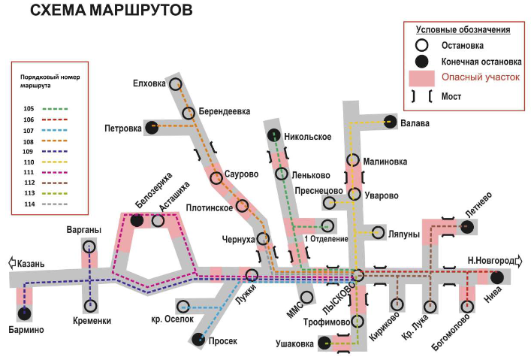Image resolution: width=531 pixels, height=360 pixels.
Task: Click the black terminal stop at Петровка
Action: tap(152, 128)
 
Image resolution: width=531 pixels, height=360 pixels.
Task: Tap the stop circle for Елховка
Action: tap(176, 84)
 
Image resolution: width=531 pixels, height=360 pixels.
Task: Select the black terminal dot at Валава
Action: tap(390, 122)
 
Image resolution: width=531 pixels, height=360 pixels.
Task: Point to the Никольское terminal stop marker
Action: tap(274, 135)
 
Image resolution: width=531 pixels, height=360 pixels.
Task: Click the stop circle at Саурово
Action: tap(216, 178)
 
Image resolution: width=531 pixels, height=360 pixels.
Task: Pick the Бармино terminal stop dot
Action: tap(24, 314)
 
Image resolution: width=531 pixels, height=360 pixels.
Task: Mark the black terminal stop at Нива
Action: tap(496, 277)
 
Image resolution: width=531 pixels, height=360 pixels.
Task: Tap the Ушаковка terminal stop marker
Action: tap(324, 343)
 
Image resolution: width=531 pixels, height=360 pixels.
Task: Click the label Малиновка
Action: tap(385, 162)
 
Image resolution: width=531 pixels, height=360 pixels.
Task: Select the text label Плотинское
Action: tap(210, 207)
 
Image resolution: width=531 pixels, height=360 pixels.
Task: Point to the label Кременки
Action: tap(92, 321)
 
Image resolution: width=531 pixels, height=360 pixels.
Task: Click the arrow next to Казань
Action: tap(12, 263)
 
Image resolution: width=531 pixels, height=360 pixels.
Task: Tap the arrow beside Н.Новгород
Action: tap(518, 261)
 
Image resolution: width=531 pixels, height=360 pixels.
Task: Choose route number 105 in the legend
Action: tap(29, 108)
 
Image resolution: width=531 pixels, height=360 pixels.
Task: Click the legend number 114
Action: tap(29, 204)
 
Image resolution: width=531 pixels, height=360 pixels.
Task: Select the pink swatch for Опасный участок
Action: tap(421, 78)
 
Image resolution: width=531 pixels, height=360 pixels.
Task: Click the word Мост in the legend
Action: tap(451, 97)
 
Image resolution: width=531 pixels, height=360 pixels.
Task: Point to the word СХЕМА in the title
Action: tap(58, 11)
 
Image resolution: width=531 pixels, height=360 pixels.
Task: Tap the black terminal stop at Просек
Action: tap(198, 339)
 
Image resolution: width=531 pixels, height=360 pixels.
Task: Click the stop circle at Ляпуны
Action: tap(378, 232)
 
